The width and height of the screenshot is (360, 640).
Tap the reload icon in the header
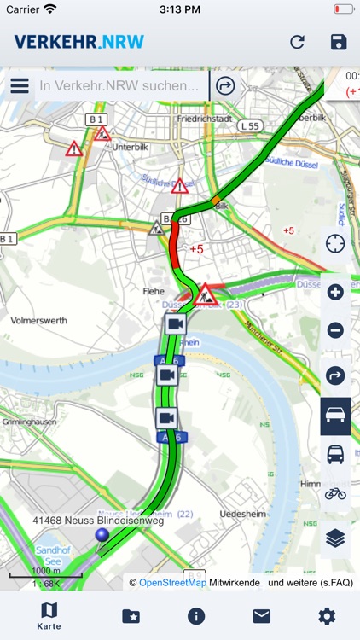(297, 42)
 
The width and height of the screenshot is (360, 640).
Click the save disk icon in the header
(339, 42)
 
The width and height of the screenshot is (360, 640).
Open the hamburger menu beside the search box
(20, 85)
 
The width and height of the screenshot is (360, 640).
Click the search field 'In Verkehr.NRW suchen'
(119, 85)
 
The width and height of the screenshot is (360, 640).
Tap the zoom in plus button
(335, 293)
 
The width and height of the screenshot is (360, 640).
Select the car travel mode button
(335, 416)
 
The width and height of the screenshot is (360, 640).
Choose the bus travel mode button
(335, 455)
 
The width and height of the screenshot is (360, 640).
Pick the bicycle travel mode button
(335, 492)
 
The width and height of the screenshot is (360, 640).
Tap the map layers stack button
(335, 538)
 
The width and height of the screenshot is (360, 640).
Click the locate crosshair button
(335, 244)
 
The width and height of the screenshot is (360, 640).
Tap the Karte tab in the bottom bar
(49, 615)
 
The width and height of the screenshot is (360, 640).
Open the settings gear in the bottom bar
(327, 615)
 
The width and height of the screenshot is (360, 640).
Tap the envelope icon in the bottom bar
(261, 615)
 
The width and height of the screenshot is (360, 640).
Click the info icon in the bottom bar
(196, 615)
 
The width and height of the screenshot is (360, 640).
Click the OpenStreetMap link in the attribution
(173, 583)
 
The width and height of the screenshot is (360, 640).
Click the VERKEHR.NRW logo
(78, 42)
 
